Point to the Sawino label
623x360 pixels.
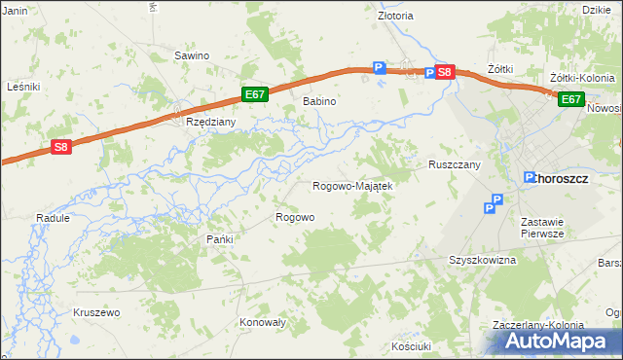click(192, 55)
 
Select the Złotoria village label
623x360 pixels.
click(395, 16)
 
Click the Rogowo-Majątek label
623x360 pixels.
click(351, 186)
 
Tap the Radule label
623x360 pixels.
click(53, 218)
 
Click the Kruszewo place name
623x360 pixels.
click(95, 312)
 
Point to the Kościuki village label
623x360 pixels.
click(410, 345)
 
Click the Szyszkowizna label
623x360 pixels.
click(481, 261)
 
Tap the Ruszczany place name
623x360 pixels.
click(455, 165)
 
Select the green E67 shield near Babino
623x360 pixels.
click(255, 94)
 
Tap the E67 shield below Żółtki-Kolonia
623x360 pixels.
click(570, 98)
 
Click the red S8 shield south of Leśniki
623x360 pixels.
click(61, 147)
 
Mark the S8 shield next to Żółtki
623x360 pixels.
click(444, 72)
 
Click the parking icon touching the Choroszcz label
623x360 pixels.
click(531, 178)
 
